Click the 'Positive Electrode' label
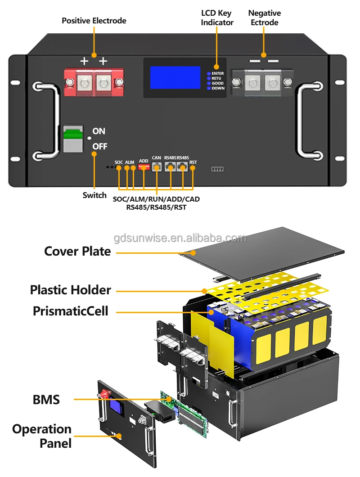click(94, 21)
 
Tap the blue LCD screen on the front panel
click(175, 77)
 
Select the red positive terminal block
click(94, 82)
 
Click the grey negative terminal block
click(263, 82)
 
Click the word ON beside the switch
click(99, 131)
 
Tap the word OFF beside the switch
click(99, 147)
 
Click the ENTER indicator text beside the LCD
click(217, 73)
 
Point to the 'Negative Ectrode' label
click(264, 18)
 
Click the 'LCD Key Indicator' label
click(217, 18)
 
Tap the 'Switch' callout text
click(94, 195)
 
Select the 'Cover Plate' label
click(77, 251)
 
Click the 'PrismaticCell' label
click(71, 310)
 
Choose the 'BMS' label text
click(46, 399)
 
